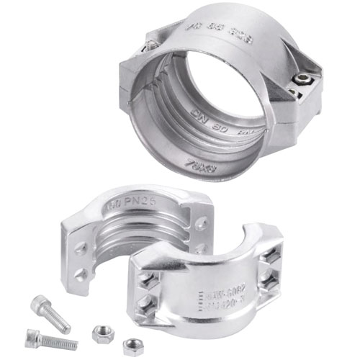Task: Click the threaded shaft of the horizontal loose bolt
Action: (60, 341)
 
